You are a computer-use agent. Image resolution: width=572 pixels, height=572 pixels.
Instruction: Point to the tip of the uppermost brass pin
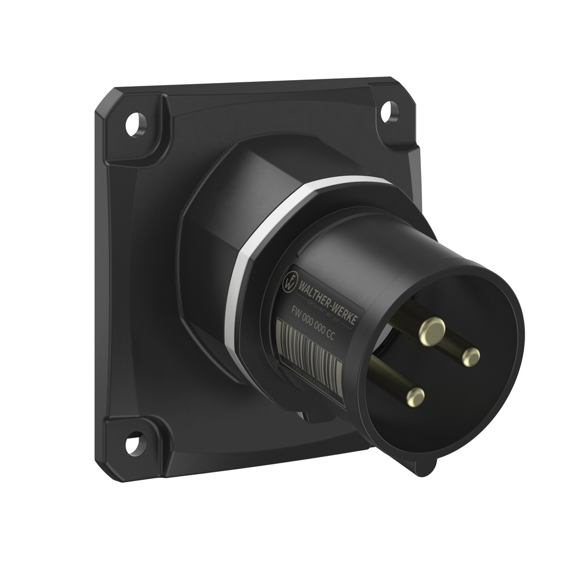click(x=432, y=329)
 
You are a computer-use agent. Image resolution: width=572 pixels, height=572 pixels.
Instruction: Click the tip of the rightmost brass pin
click(x=471, y=357)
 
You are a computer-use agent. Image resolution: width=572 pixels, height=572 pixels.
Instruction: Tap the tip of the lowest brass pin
click(x=415, y=396)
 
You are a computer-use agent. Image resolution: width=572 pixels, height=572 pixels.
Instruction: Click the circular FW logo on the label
click(x=291, y=280)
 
